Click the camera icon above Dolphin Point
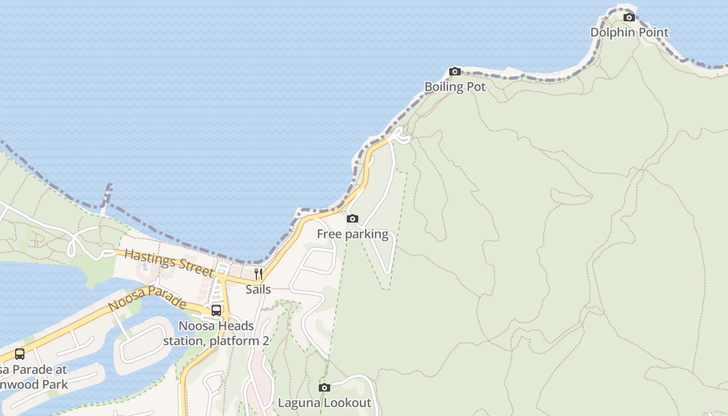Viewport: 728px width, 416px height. point(629,17)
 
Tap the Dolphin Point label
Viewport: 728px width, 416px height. point(629,32)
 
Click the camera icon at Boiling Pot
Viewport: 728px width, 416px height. point(455,71)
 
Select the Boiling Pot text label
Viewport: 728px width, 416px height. point(455,87)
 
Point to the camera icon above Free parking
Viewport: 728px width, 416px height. point(353,218)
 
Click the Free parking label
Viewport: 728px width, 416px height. point(353,234)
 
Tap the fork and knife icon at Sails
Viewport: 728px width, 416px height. point(258,274)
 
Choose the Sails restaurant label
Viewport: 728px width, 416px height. point(258,289)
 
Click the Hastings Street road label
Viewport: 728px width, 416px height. point(169,263)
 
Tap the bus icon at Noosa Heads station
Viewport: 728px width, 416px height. point(216,310)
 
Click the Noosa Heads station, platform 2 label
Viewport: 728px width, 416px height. point(216,333)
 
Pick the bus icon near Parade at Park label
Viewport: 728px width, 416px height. point(20,354)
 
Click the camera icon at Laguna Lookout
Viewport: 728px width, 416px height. point(324,387)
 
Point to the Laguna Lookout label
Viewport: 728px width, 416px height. point(324,402)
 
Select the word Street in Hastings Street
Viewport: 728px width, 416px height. point(194,268)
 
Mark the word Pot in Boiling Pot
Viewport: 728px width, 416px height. point(477,87)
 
